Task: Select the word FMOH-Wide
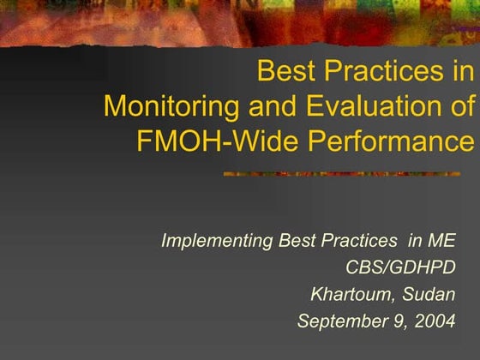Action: (201, 139)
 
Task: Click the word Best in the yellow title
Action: (285, 71)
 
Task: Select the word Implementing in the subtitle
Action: (217, 241)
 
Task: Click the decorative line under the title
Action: (347, 174)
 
